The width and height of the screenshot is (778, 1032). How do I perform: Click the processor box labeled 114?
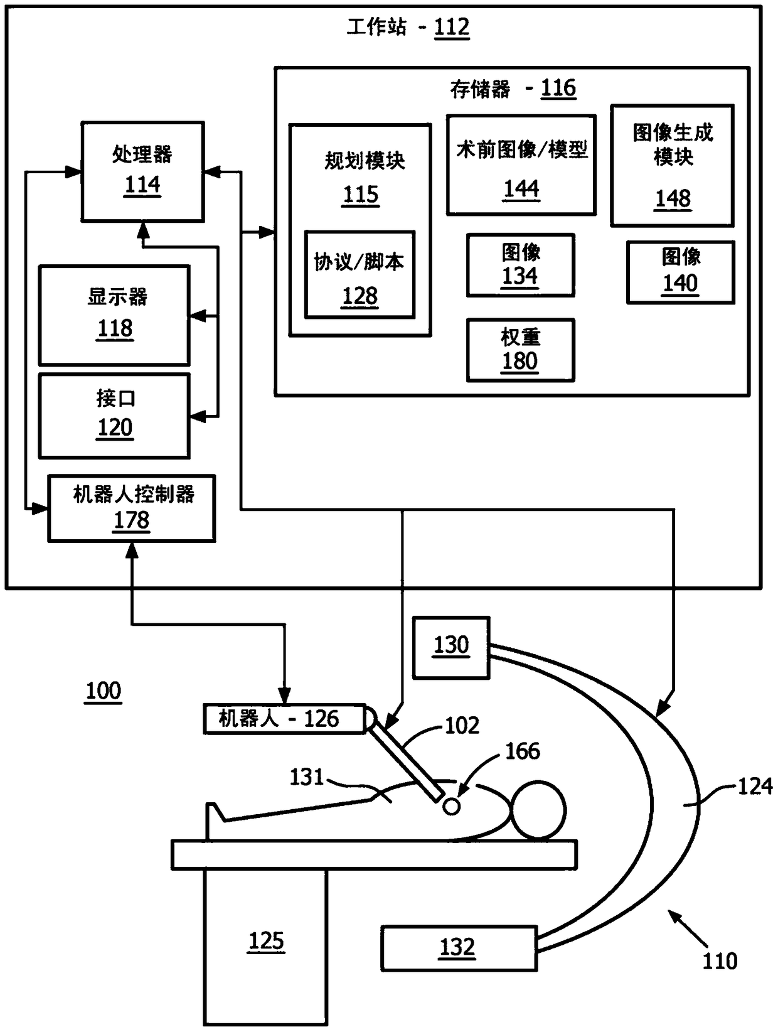pyautogui.click(x=143, y=171)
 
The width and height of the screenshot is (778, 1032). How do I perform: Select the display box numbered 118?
pyautogui.click(x=114, y=315)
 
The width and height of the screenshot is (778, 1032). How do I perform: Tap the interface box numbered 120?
pyautogui.click(x=114, y=416)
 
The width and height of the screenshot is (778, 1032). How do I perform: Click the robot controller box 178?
pyautogui.click(x=132, y=508)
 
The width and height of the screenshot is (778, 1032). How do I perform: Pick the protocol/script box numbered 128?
pyautogui.click(x=360, y=274)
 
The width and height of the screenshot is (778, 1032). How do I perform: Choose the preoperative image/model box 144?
pyautogui.click(x=521, y=165)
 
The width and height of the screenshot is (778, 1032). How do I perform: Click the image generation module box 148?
pyautogui.click(x=673, y=166)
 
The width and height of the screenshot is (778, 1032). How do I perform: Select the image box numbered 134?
pyautogui.click(x=521, y=265)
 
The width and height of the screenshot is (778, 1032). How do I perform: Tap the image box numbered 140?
pyautogui.click(x=681, y=272)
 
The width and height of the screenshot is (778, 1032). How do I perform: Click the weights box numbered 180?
pyautogui.click(x=521, y=350)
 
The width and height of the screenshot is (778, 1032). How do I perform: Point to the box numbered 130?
pyautogui.click(x=451, y=648)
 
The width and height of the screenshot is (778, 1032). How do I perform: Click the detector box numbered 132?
pyautogui.click(x=459, y=949)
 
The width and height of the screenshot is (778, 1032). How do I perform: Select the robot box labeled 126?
pyautogui.click(x=285, y=719)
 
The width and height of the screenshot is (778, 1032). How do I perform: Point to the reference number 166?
pyautogui.click(x=523, y=751)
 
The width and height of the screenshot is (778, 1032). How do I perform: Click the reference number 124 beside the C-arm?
pyautogui.click(x=755, y=786)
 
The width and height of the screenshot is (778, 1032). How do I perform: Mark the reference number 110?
pyautogui.click(x=720, y=961)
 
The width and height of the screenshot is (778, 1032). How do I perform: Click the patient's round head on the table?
pyautogui.click(x=538, y=810)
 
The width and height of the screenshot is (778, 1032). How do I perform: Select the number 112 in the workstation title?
pyautogui.click(x=452, y=27)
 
